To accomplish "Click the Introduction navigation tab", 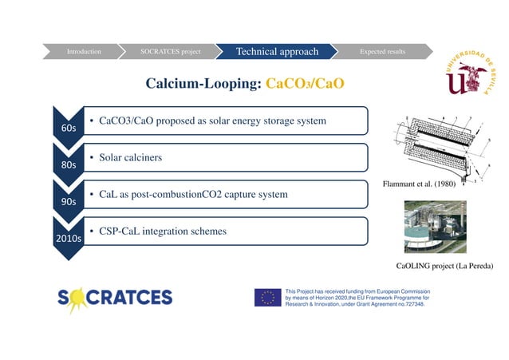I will coord(84,52).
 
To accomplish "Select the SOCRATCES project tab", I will coord(170,52).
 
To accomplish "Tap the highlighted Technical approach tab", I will coord(277,52).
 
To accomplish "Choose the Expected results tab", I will coord(382,52).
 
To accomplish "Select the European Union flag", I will coord(267,298).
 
